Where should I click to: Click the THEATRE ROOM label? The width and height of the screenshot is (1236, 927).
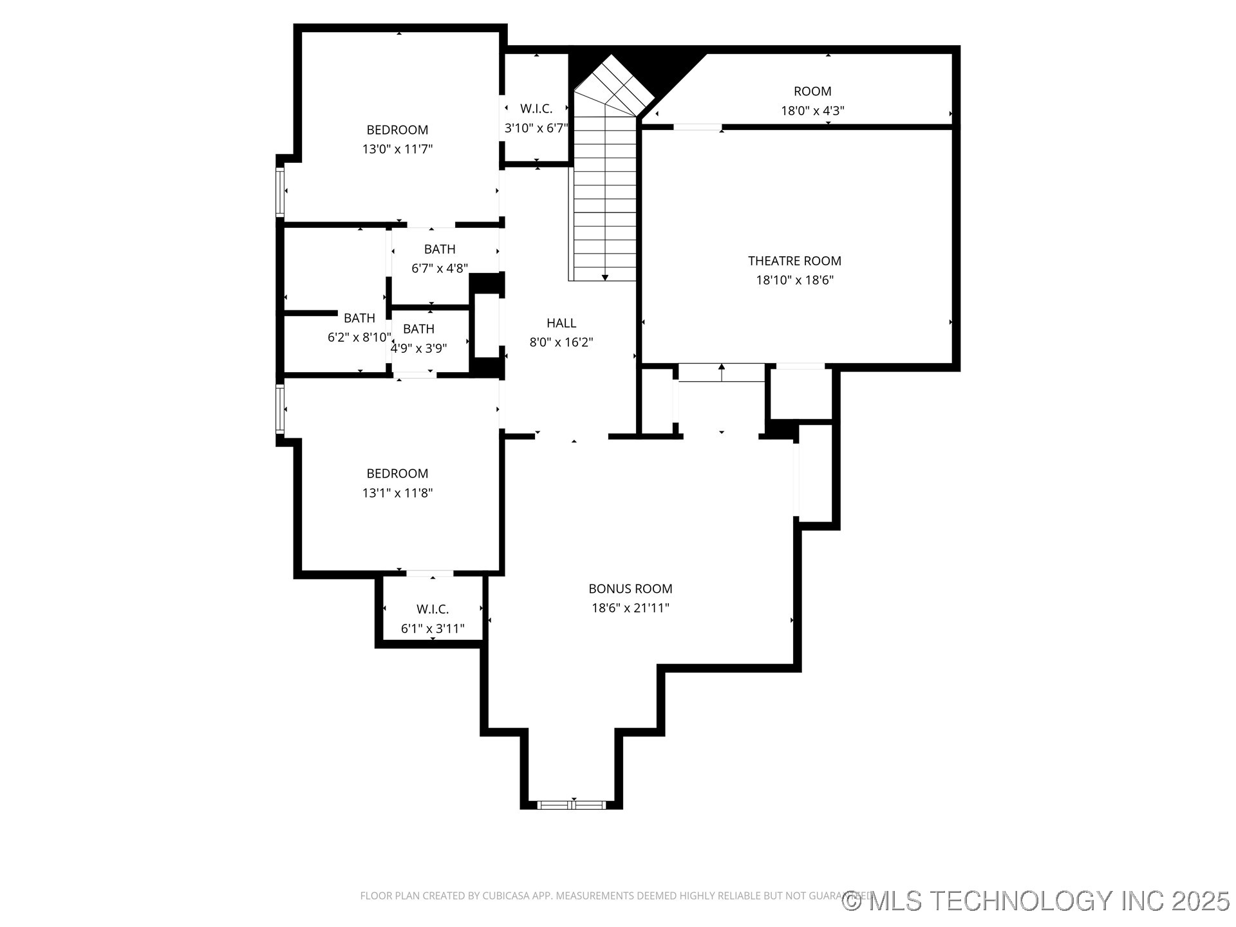(794, 261)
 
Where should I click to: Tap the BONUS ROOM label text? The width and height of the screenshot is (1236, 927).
(630, 588)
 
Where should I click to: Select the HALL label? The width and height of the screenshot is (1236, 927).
(561, 323)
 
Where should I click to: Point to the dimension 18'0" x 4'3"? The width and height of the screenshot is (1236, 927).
(812, 110)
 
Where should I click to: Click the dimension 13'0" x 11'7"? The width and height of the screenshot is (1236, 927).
(397, 149)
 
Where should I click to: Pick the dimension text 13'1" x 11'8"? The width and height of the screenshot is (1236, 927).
(397, 493)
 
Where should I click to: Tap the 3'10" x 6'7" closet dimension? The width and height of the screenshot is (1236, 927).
(536, 128)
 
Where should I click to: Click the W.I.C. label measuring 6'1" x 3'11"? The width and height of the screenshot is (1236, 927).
(433, 609)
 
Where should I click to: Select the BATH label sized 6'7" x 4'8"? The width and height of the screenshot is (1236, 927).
(440, 249)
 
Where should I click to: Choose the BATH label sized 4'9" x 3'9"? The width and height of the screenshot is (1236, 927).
(418, 329)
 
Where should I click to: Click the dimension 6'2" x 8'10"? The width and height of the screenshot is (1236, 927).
(359, 337)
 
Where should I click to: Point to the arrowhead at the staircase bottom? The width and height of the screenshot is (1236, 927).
(605, 277)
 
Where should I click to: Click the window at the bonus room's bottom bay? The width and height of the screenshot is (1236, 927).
(572, 805)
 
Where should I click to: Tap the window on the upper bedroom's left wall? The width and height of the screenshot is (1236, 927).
(280, 191)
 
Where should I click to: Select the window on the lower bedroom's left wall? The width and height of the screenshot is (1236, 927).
(280, 408)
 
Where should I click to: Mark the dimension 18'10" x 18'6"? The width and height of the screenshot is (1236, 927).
(794, 280)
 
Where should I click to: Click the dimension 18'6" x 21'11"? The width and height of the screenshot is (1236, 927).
(630, 608)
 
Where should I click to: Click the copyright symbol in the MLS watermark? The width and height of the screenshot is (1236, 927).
(852, 901)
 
